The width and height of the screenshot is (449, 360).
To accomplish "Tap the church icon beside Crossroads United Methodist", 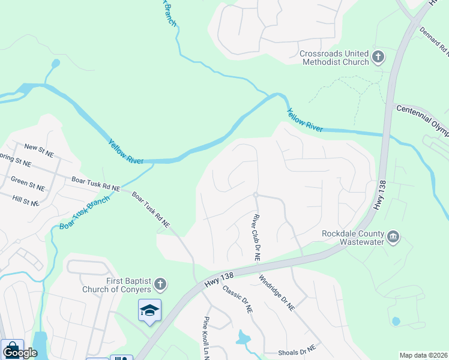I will (x=378, y=58).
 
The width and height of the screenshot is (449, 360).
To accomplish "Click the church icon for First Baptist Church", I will (x=160, y=283).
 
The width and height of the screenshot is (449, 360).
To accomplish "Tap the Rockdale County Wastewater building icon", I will (x=393, y=236).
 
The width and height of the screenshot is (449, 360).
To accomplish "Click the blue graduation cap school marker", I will (x=149, y=310).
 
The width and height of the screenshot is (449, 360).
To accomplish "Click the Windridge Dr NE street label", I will (x=277, y=292).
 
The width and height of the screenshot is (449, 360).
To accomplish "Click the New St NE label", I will (x=39, y=150).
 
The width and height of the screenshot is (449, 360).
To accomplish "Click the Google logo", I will (x=20, y=352).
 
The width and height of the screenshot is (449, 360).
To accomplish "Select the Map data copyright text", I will (x=424, y=355).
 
